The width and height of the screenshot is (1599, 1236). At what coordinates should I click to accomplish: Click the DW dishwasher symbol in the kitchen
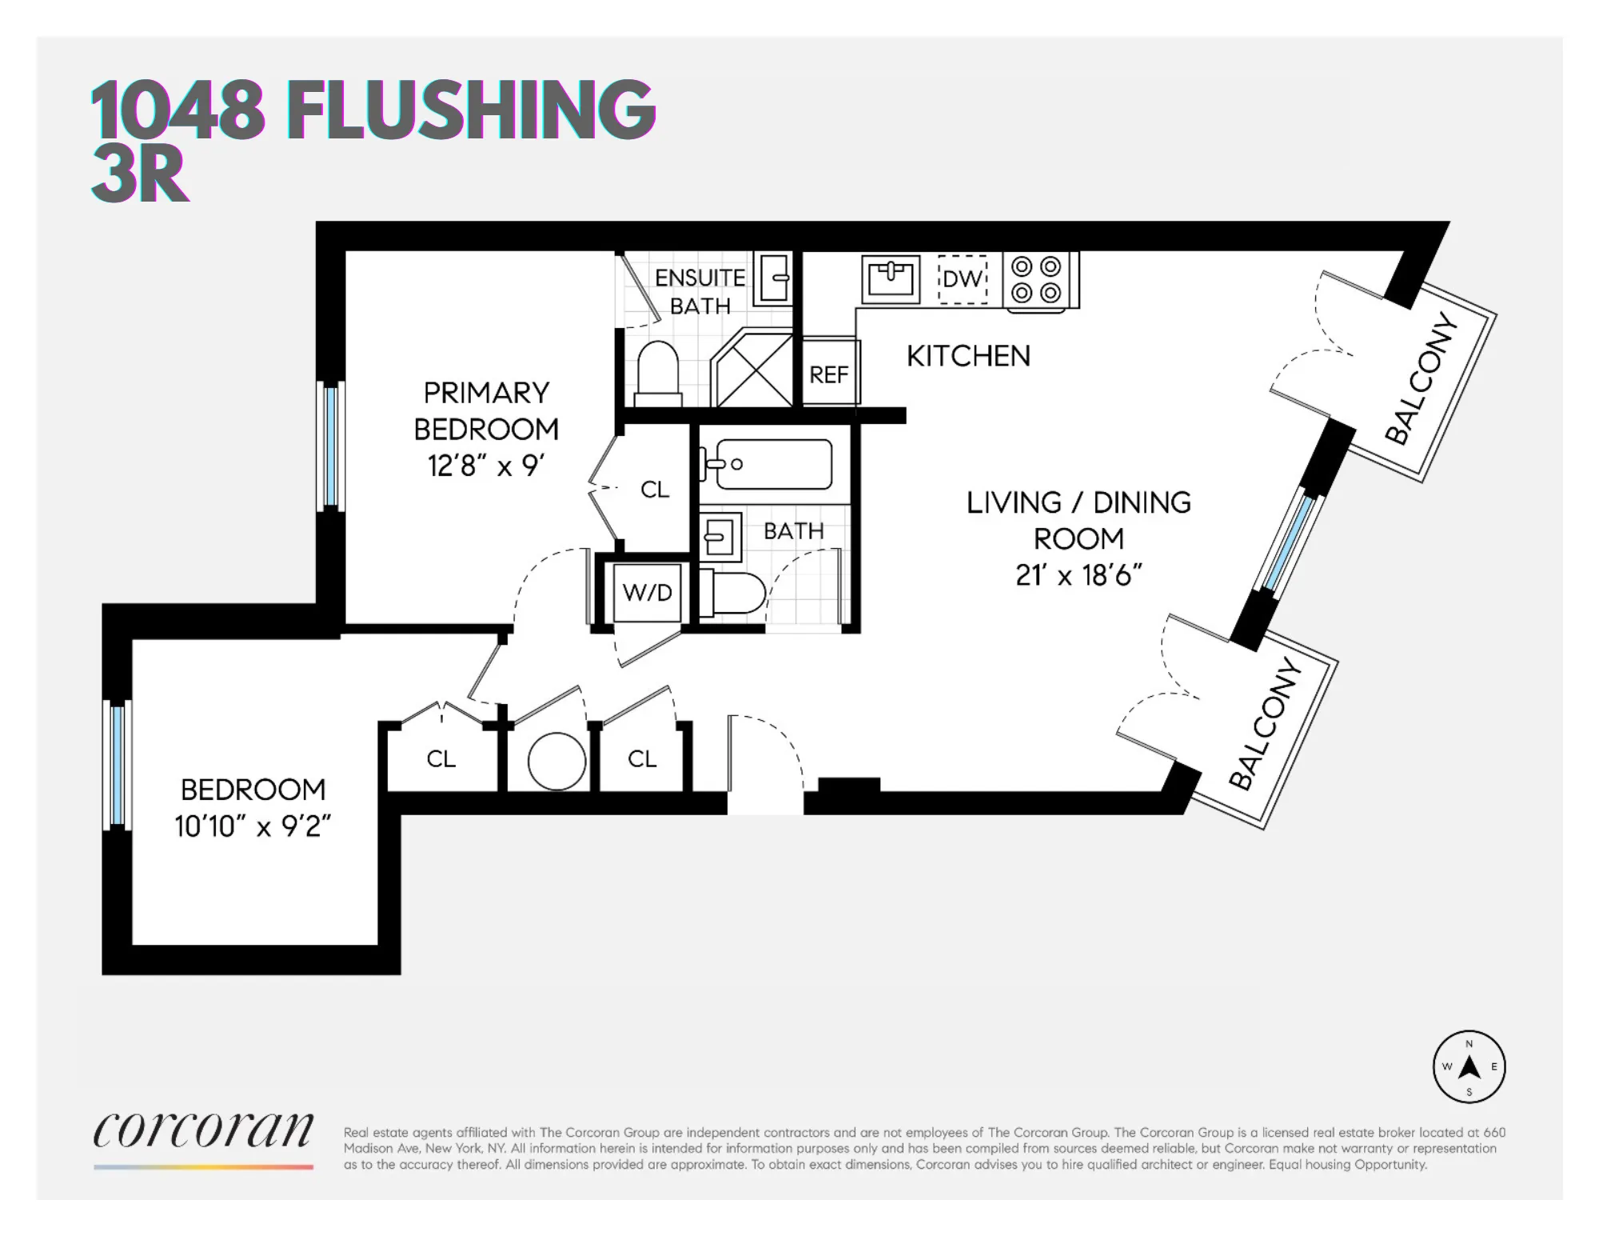tap(962, 278)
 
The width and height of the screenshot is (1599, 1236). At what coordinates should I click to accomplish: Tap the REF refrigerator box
tap(829, 374)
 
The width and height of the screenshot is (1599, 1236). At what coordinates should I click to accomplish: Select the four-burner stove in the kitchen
tap(1036, 279)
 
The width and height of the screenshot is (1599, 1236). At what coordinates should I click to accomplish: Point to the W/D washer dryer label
tap(647, 593)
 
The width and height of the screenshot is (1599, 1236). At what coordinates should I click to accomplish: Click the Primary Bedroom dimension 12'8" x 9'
tap(485, 466)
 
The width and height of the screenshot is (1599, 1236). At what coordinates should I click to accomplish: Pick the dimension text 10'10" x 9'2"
tap(253, 826)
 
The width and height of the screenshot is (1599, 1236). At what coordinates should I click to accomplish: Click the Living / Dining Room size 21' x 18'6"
tap(1079, 575)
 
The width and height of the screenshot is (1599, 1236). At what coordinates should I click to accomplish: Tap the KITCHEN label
tap(968, 356)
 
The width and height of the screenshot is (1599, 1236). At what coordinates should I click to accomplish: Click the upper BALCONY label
tap(1422, 378)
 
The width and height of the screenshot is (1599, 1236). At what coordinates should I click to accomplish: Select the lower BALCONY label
tap(1266, 723)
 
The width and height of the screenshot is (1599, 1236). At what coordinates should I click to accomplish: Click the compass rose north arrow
tap(1469, 1067)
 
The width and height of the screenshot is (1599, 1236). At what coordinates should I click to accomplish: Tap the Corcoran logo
tap(203, 1130)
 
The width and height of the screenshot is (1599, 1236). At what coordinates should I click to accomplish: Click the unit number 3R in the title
tap(140, 175)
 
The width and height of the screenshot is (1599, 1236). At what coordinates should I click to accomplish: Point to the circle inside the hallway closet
tap(557, 762)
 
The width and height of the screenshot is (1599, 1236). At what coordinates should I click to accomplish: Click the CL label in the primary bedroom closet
tap(655, 490)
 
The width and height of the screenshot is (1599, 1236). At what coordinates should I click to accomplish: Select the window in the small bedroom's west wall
tap(118, 764)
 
